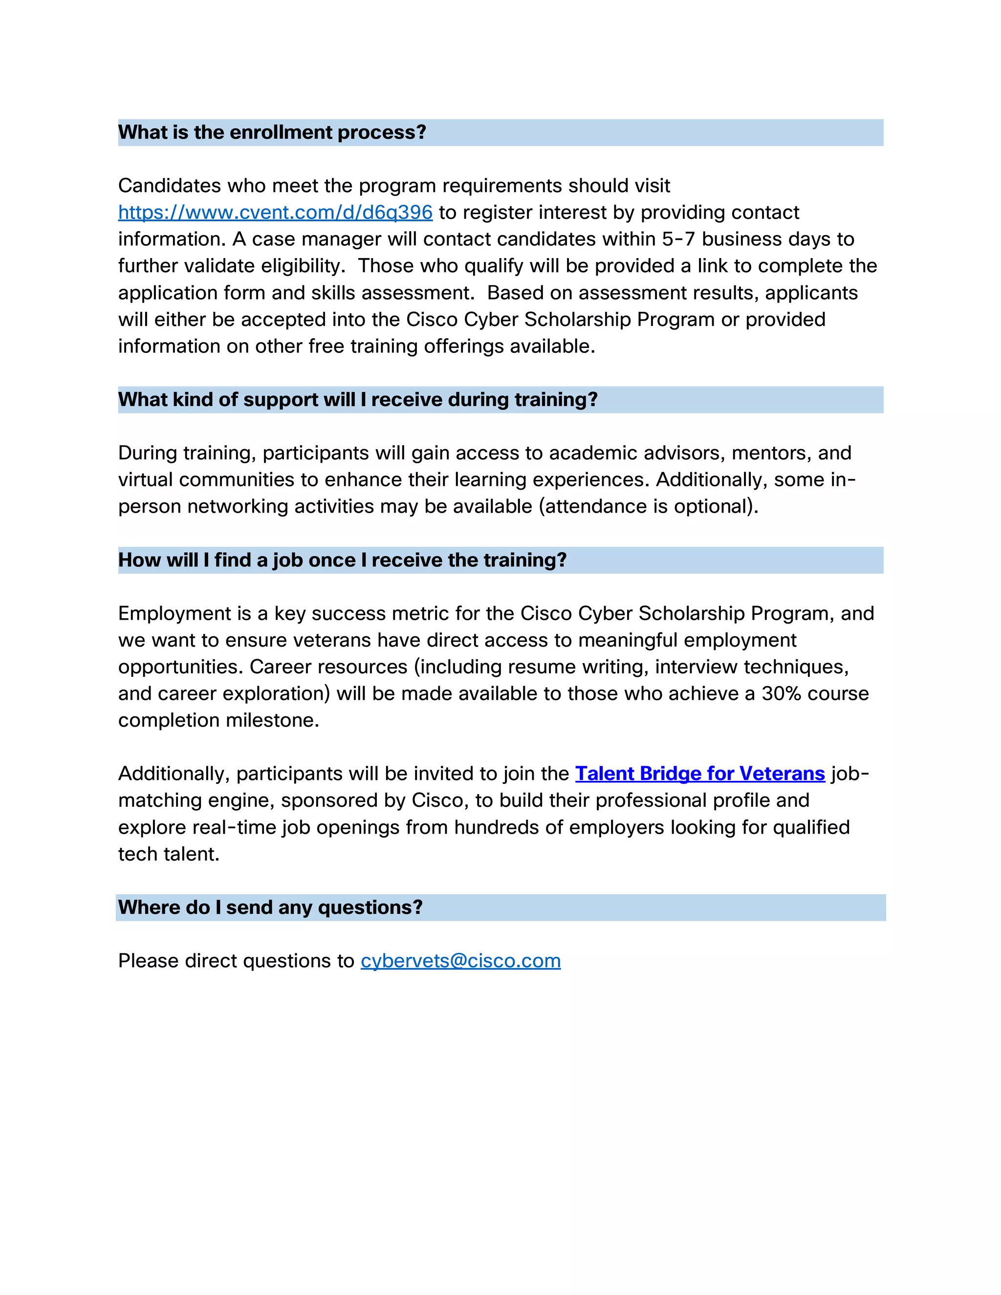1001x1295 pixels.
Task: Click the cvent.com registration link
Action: point(275,212)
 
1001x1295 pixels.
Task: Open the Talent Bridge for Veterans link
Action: point(700,773)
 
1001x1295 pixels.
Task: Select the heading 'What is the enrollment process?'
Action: point(272,132)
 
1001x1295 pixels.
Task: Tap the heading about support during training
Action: point(358,400)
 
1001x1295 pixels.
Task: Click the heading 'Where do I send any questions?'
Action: point(270,907)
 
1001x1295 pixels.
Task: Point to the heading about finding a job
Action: point(342,560)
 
